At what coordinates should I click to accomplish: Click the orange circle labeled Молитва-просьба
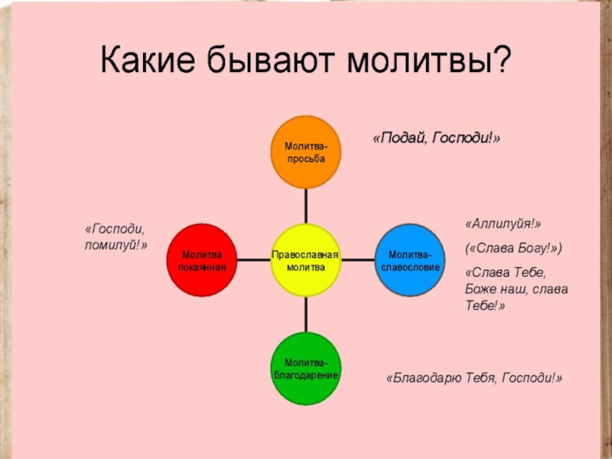[x=305, y=151]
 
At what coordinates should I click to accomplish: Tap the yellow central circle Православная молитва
[x=305, y=260]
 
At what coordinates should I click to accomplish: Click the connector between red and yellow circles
[x=253, y=260]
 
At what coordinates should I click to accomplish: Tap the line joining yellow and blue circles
[x=358, y=260]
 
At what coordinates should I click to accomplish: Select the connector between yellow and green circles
[x=305, y=314]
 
